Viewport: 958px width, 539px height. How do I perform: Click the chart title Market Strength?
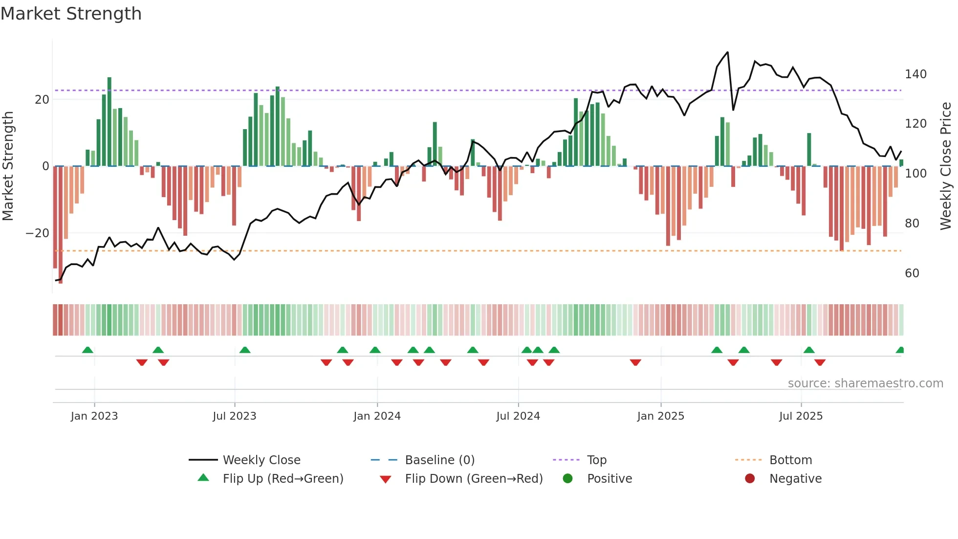(x=71, y=14)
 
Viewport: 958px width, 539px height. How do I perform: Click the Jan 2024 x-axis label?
(x=377, y=416)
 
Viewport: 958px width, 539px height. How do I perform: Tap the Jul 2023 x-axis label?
(x=234, y=416)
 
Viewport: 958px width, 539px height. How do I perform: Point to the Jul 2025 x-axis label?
(x=801, y=416)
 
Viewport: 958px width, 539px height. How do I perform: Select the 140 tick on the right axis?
(x=915, y=74)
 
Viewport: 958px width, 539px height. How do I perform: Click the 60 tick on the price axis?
(x=912, y=273)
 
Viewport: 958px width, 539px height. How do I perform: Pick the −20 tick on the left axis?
(x=38, y=233)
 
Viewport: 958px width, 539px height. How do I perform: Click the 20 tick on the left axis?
(x=42, y=100)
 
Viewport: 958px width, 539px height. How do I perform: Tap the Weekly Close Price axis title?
(x=946, y=166)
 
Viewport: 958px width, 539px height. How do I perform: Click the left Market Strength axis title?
(x=8, y=166)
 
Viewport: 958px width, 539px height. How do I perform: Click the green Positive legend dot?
(x=567, y=479)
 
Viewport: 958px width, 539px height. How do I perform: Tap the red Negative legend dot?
(x=750, y=479)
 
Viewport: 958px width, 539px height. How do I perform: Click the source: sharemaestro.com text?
(x=865, y=383)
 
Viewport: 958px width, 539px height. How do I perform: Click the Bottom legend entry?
(x=790, y=460)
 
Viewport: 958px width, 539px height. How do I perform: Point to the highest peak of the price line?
(x=728, y=52)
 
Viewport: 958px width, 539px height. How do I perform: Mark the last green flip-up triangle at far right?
(x=900, y=350)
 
